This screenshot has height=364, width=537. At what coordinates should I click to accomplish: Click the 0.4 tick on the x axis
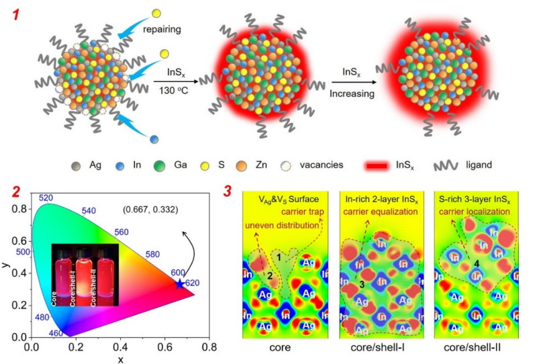pos(119,347)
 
